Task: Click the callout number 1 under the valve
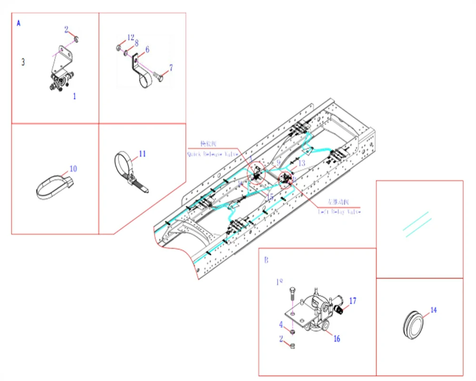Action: [x=74, y=96]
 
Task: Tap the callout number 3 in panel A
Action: [x=22, y=62]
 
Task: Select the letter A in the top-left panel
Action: [x=19, y=23]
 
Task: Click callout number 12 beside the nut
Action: [x=131, y=37]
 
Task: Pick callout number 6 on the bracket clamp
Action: [x=147, y=49]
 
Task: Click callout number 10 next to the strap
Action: [x=73, y=169]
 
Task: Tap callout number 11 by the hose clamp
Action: [x=142, y=154]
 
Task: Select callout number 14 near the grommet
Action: [x=433, y=310]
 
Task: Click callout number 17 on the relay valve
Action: [x=353, y=301]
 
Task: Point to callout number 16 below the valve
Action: [x=337, y=339]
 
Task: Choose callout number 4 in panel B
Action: [x=281, y=324]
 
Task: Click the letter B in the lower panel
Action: [x=266, y=261]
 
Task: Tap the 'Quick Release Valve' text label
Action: [x=212, y=154]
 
